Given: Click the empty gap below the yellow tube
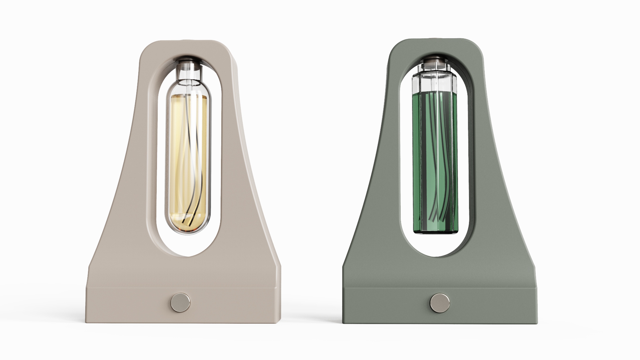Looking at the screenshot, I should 188,245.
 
